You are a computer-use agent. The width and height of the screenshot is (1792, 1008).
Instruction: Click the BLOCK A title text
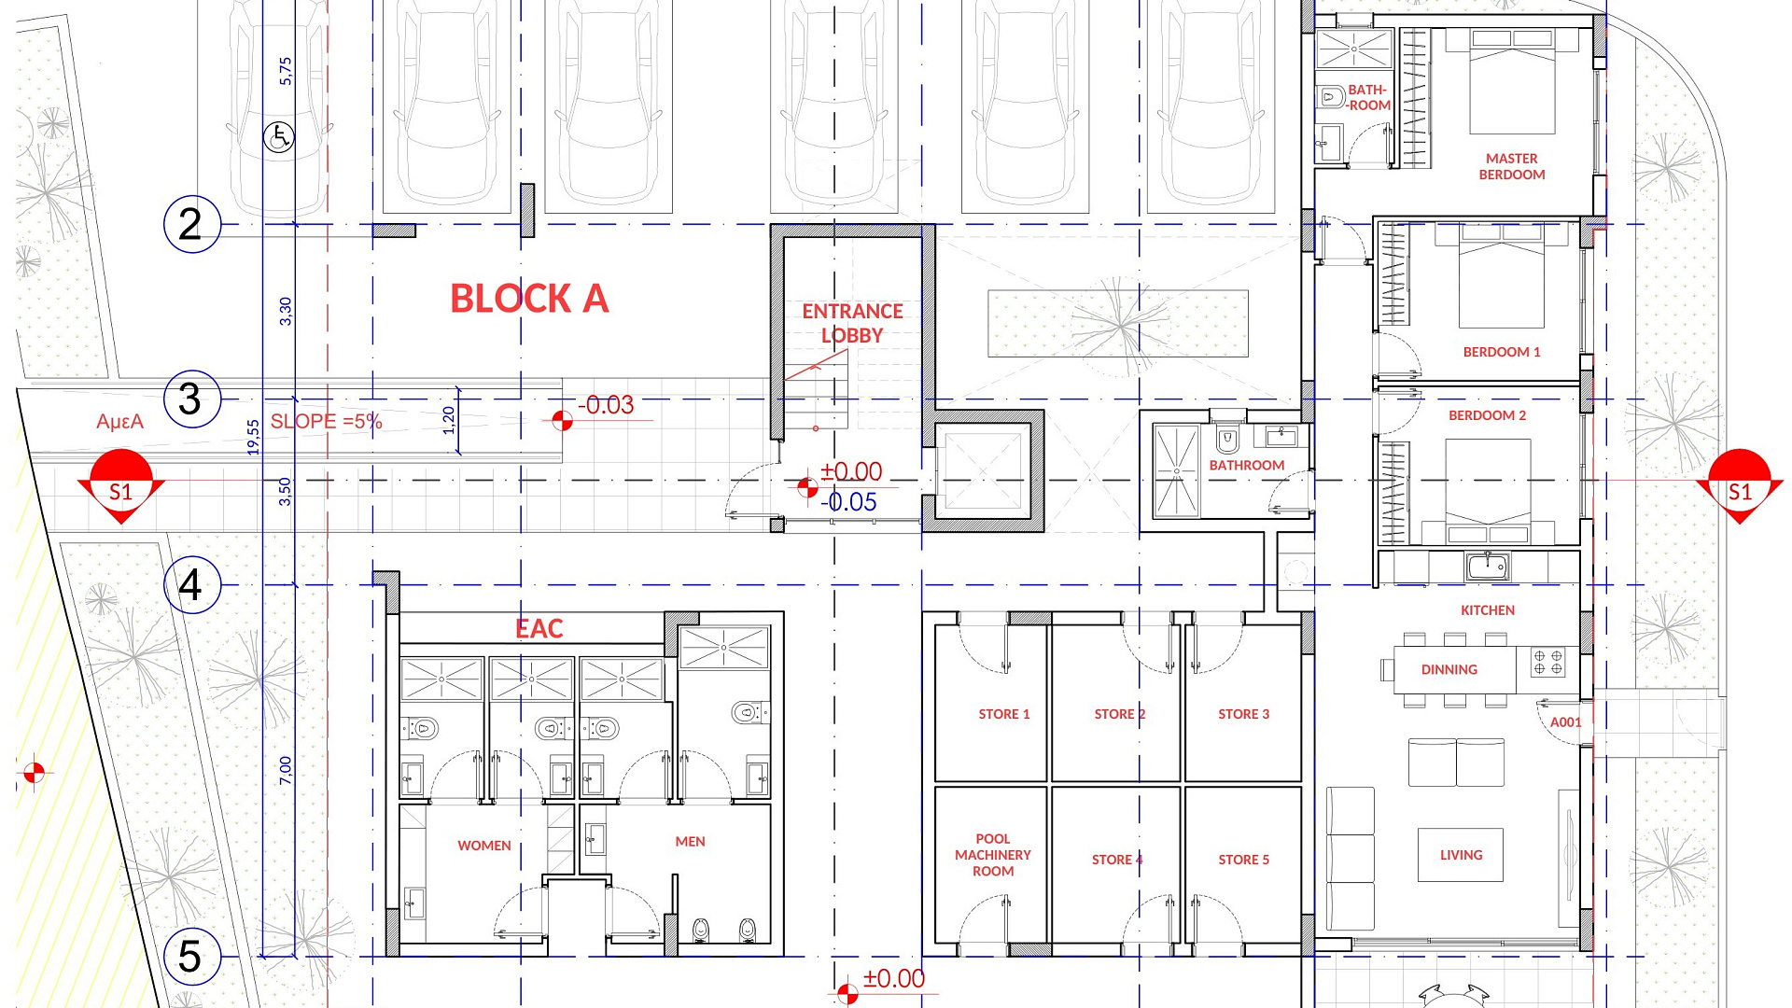tap(529, 299)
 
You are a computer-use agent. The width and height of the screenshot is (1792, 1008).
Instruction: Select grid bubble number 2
tap(192, 224)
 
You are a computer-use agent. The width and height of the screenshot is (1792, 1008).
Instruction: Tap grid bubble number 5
tap(192, 957)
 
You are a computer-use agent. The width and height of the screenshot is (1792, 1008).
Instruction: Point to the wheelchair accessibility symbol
tap(279, 138)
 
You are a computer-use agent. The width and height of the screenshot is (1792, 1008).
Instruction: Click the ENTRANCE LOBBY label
tap(852, 323)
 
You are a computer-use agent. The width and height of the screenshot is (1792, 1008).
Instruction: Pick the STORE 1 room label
tap(1004, 714)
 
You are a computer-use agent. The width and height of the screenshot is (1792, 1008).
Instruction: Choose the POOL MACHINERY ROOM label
tap(993, 855)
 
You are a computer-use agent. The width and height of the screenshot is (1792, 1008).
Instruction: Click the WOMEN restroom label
tap(484, 846)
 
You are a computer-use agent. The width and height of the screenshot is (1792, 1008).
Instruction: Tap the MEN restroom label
tap(691, 842)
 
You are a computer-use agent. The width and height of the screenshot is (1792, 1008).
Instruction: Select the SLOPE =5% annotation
tap(327, 421)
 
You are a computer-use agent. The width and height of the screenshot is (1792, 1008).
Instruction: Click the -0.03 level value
tap(606, 405)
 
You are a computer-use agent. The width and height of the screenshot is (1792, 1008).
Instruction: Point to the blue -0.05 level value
tap(848, 502)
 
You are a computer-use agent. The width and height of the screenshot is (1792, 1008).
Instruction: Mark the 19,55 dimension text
tap(254, 437)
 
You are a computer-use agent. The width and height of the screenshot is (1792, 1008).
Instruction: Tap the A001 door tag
tap(1566, 722)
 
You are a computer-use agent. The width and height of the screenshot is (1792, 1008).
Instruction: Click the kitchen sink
tap(1488, 566)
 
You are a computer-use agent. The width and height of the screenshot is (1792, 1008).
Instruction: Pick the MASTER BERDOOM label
tap(1512, 166)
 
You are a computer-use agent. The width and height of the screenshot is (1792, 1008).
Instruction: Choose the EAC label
tap(539, 629)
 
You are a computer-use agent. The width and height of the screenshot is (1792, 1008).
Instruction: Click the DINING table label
tap(1449, 669)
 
